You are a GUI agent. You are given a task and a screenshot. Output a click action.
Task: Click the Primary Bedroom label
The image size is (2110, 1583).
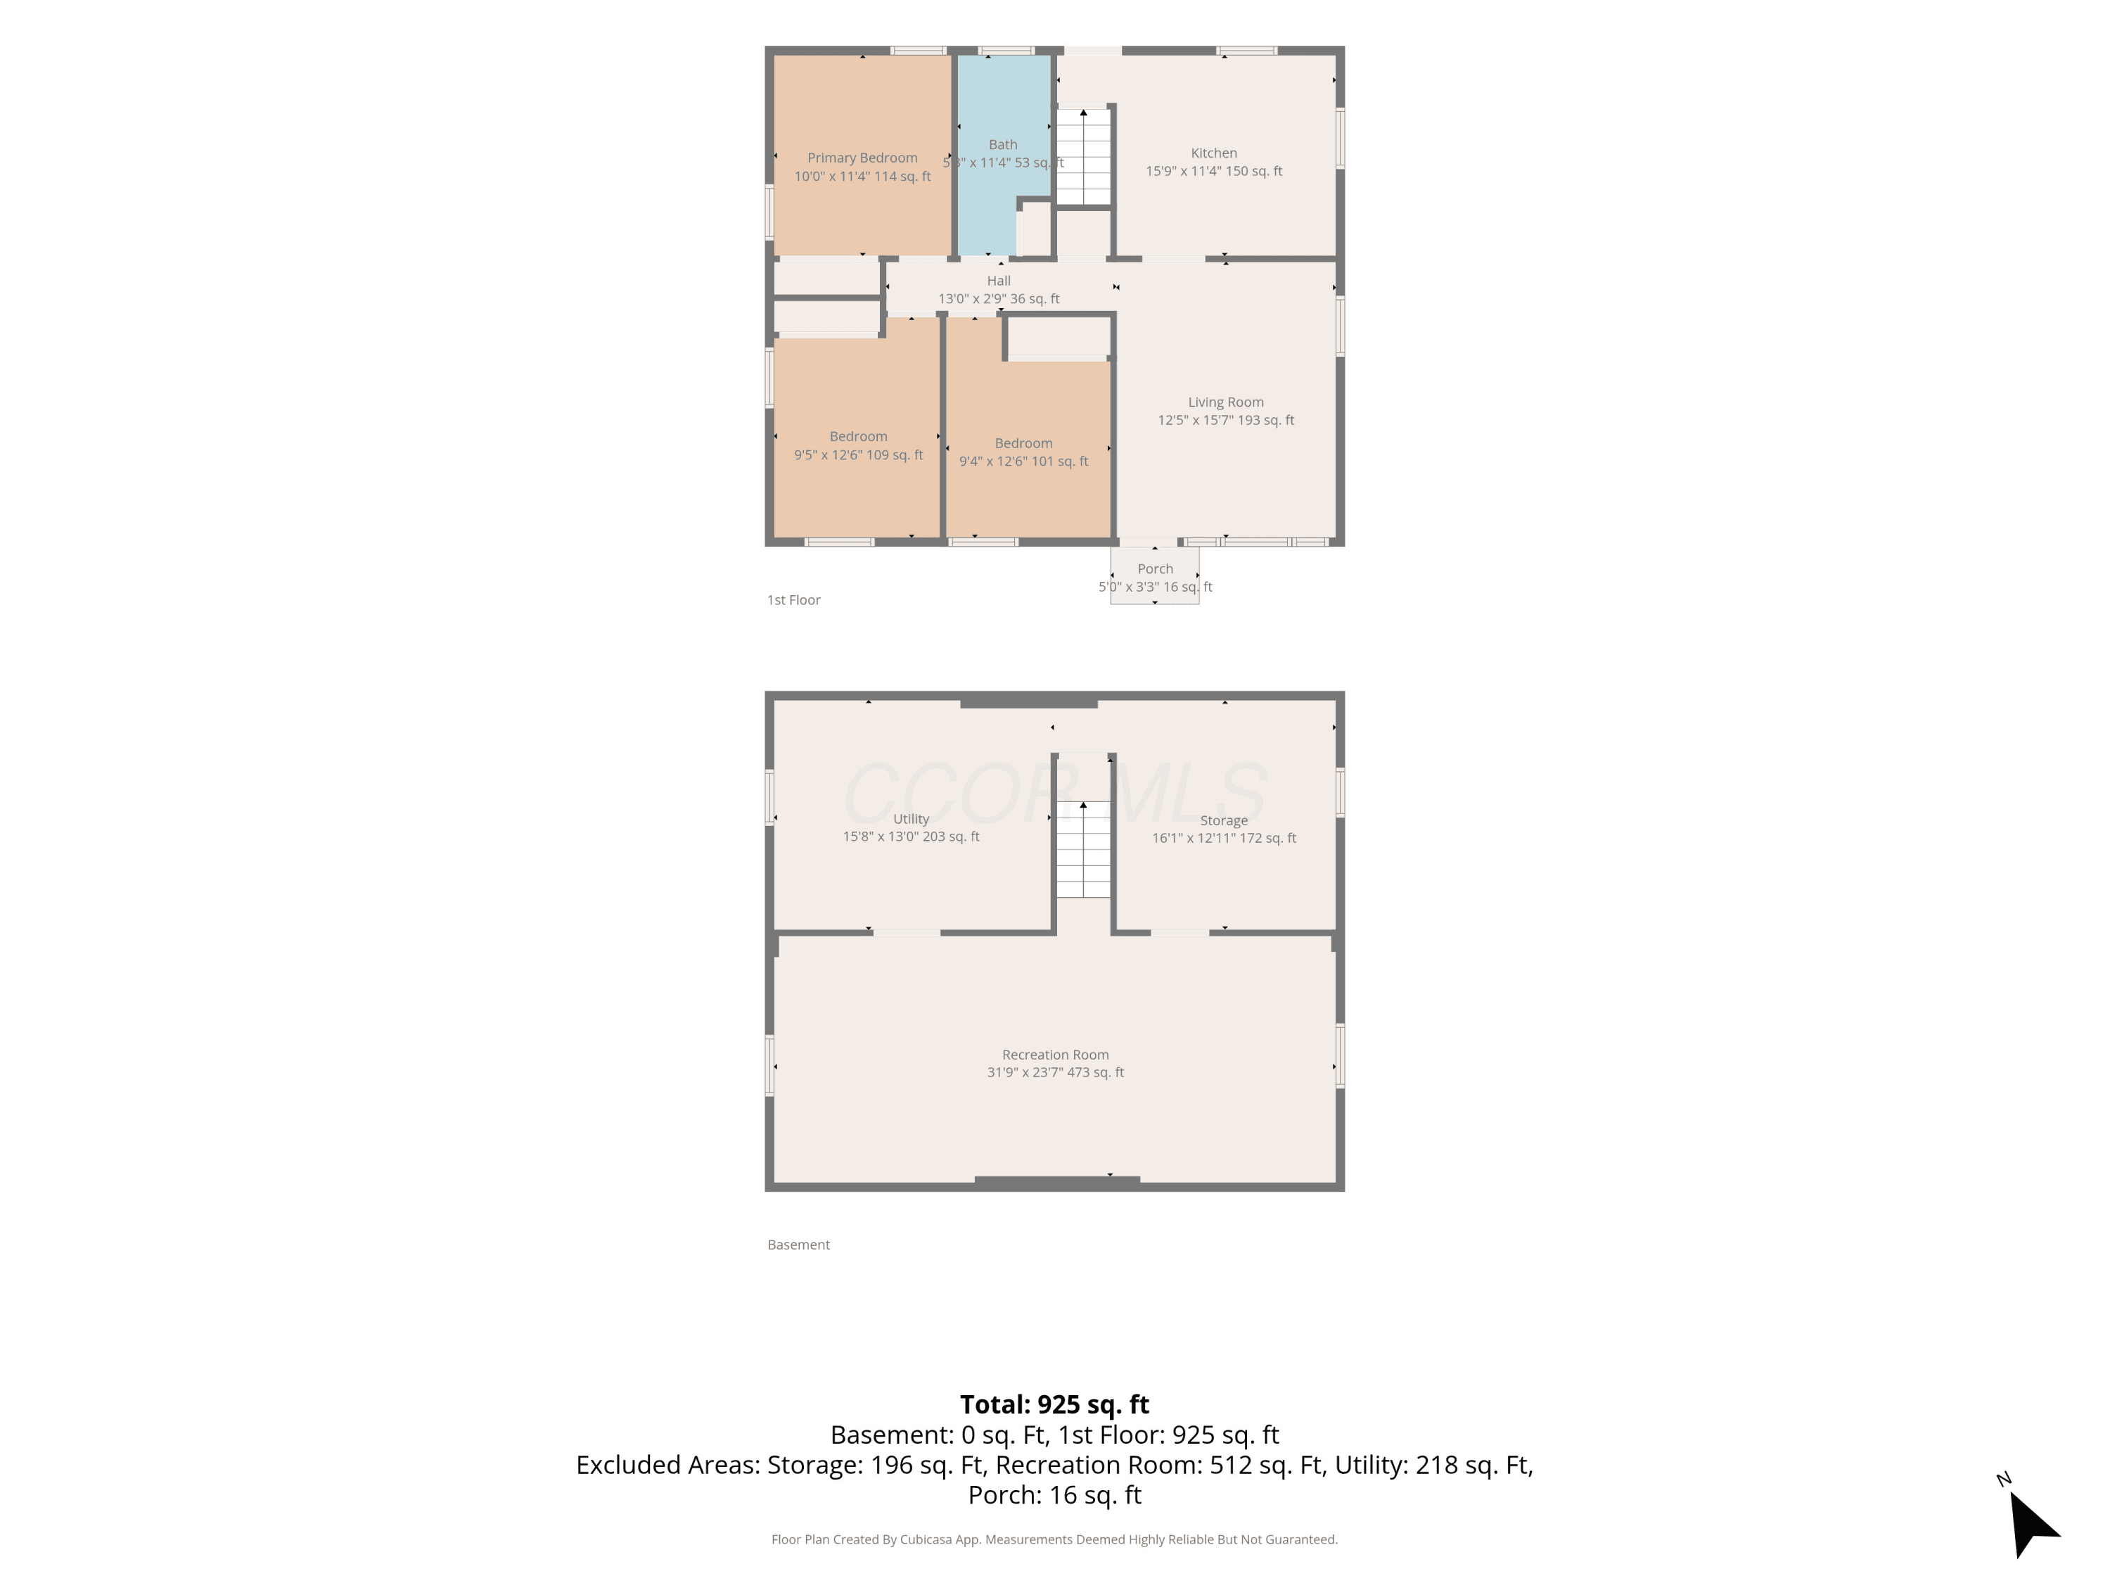[862, 158]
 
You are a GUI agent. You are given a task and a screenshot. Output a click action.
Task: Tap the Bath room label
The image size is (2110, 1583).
[1002, 145]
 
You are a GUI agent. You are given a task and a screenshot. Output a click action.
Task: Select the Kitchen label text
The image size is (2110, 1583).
[1213, 153]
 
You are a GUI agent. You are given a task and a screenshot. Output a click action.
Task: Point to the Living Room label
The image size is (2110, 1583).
[1226, 402]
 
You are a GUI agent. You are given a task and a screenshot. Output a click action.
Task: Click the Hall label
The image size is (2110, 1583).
[999, 281]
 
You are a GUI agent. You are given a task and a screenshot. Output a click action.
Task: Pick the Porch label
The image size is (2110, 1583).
[1155, 568]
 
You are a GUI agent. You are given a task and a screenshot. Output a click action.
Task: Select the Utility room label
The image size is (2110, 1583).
[911, 819]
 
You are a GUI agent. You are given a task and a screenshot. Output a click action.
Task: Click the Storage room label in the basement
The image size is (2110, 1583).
[1224, 820]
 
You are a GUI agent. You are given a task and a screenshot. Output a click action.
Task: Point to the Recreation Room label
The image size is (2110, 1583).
[1055, 1055]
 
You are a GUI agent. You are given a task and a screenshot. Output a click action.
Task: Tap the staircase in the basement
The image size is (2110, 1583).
[1084, 849]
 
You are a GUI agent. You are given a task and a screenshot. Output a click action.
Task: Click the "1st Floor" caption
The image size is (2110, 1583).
[793, 600]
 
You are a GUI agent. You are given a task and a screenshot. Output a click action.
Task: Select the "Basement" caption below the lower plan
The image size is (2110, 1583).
[798, 1245]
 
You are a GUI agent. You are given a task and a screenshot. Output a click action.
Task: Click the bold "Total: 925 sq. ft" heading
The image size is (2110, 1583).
[1054, 1404]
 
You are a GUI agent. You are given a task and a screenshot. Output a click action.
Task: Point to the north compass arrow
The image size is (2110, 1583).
[2032, 1524]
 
